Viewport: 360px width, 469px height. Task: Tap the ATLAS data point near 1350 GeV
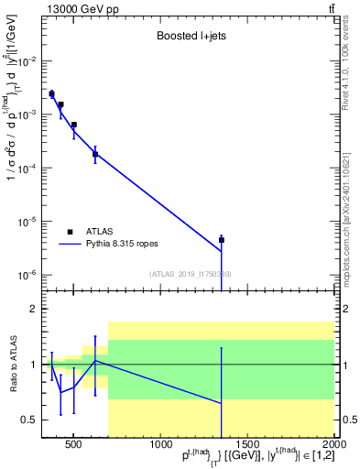click(222, 240)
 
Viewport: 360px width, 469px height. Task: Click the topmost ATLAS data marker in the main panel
click(51, 93)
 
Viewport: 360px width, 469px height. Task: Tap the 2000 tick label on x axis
click(333, 446)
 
